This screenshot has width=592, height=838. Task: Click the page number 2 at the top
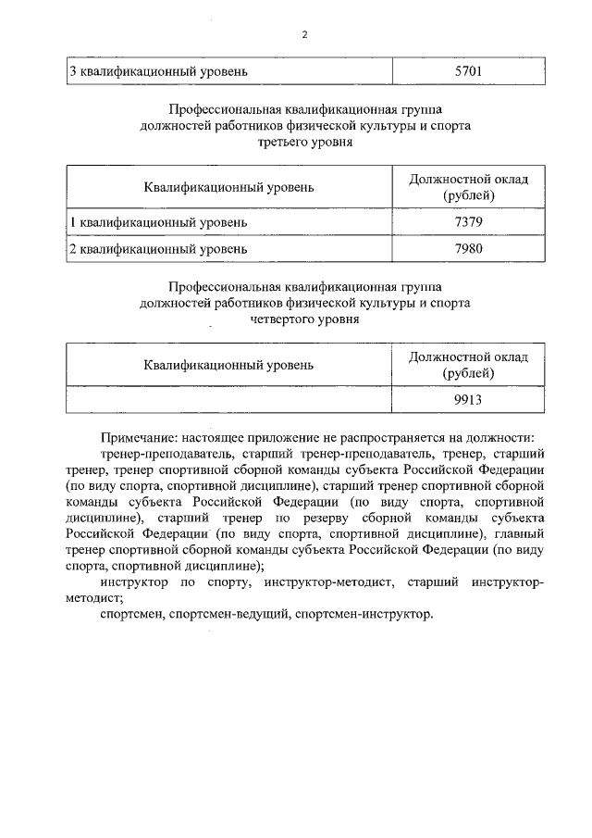pos(302,35)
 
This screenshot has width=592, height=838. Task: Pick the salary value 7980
pos(469,249)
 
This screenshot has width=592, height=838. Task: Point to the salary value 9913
pos(469,400)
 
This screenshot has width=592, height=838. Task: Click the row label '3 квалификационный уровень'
pos(158,70)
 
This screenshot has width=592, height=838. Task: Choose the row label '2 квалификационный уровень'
pos(158,249)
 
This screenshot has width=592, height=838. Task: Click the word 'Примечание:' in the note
pos(139,437)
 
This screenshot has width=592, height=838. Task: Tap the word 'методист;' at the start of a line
pos(94,597)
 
